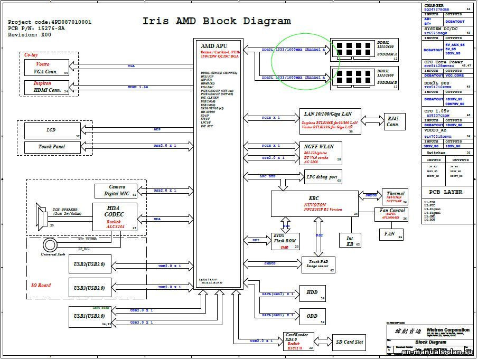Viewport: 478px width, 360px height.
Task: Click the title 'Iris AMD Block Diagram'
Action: [x=217, y=21]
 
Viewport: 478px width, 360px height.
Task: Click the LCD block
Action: [x=52, y=130]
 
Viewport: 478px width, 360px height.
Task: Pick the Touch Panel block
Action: [x=52, y=147]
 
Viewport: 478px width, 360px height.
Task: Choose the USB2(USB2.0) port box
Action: [x=90, y=264]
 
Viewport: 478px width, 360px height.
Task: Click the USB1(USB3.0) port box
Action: [x=90, y=316]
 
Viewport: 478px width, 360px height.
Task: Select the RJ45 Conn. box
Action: [x=392, y=121]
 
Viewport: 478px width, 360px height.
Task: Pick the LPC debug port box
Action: [x=322, y=177]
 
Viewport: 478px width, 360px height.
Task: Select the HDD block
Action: [x=312, y=293]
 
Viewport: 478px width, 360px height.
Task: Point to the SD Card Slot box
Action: [x=349, y=342]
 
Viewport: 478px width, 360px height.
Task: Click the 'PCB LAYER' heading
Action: [x=445, y=192]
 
